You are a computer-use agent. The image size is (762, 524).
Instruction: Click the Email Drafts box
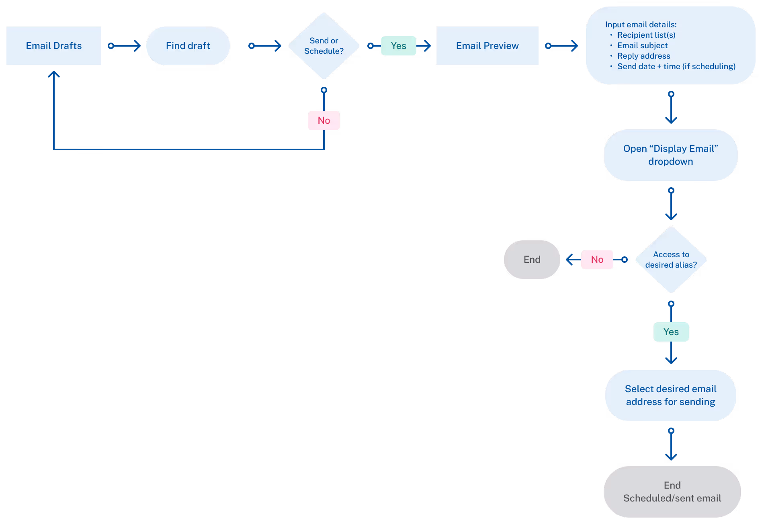[x=54, y=46]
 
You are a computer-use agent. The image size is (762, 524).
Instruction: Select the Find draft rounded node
[x=188, y=46]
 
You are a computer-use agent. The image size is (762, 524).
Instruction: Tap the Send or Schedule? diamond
[x=324, y=46]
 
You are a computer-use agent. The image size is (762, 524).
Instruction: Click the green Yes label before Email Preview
[x=398, y=46]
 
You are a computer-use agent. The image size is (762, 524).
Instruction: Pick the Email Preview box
[x=487, y=46]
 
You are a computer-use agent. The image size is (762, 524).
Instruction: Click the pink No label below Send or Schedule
[x=324, y=121]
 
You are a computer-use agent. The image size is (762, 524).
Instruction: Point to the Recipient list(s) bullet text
[x=646, y=35]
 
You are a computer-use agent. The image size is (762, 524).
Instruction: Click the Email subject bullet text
[x=642, y=45]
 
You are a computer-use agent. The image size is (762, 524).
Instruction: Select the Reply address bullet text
[x=643, y=56]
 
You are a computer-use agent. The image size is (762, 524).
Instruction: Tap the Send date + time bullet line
[x=676, y=66]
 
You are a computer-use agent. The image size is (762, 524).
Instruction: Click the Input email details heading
[x=641, y=25]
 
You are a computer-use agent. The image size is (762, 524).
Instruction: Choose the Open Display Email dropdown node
[x=670, y=155]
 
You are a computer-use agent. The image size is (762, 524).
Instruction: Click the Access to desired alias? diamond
[x=671, y=260]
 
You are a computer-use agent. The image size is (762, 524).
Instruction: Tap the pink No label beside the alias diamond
[x=597, y=260]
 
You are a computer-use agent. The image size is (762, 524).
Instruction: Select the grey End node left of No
[x=532, y=260]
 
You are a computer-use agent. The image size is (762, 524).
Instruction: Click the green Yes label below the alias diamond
[x=671, y=332]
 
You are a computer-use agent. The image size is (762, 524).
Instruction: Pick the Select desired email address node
[x=670, y=395]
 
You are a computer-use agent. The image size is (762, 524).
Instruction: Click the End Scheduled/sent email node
[x=672, y=492]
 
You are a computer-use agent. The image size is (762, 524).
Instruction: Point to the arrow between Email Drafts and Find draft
[x=125, y=46]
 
